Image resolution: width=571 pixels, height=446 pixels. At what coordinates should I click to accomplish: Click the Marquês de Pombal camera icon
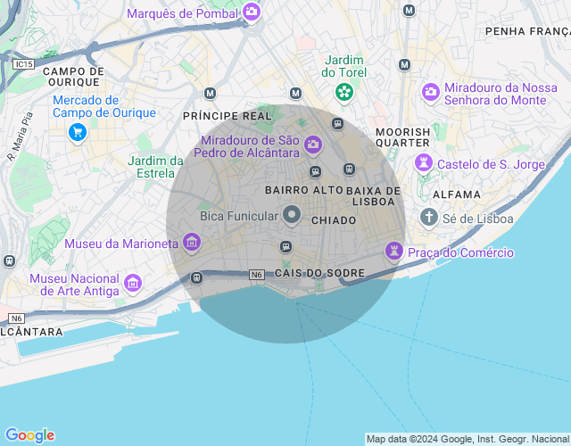[252, 12]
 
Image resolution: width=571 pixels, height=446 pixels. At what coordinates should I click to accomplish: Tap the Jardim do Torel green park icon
[343, 92]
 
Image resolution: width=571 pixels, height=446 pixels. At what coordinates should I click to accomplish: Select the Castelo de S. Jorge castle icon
[425, 164]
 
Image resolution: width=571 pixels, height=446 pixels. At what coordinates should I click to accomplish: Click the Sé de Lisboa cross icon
[429, 218]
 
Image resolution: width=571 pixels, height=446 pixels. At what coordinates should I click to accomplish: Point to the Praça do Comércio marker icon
[393, 252]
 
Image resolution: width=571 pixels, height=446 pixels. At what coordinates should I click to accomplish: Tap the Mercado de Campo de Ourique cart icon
[78, 132]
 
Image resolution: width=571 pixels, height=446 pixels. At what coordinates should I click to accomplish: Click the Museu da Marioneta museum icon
[191, 242]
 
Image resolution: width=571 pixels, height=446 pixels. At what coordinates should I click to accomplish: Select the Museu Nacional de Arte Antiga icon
[133, 284]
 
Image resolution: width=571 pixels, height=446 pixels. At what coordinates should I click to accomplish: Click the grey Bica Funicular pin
[292, 215]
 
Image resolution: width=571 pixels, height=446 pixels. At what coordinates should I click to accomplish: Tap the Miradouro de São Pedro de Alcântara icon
[312, 144]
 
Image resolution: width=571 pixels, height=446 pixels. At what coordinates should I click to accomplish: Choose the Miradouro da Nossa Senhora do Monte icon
[431, 92]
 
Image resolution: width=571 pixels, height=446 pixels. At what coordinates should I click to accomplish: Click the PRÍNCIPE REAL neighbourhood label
[227, 116]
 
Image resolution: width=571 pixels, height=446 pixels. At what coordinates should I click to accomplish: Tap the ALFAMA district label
[456, 194]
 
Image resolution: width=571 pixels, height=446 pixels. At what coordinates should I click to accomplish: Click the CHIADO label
[334, 219]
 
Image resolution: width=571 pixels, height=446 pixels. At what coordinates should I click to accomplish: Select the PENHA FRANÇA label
[527, 31]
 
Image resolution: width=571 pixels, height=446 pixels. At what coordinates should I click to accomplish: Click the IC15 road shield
[24, 64]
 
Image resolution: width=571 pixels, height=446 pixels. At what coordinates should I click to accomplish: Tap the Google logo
[29, 435]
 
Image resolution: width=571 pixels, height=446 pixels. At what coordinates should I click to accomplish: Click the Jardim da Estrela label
[156, 167]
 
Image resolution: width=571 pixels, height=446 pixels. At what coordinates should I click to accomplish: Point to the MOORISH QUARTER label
[403, 137]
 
